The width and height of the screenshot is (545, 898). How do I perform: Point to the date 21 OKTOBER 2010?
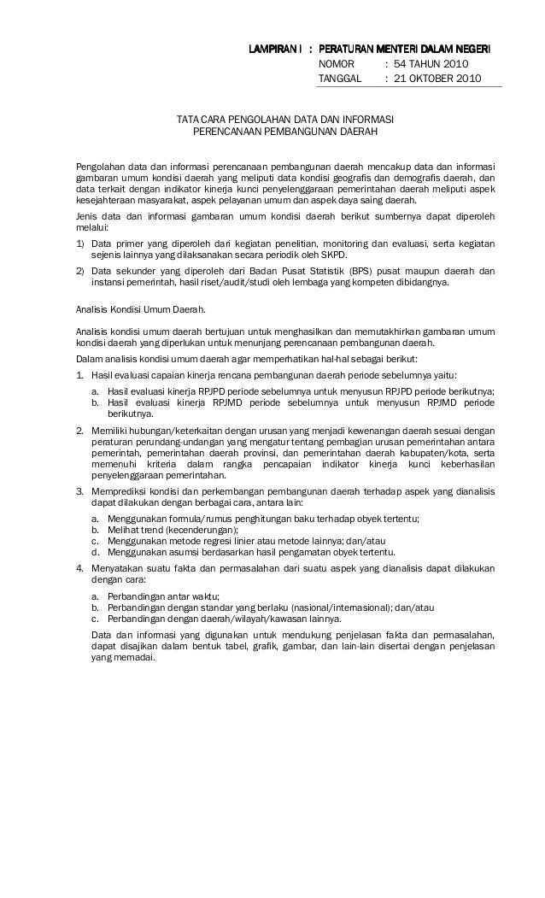pyautogui.click(x=437, y=79)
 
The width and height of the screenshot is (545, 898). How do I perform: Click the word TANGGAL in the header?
pyautogui.click(x=339, y=79)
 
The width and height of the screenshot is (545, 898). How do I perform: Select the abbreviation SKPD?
pyautogui.click(x=345, y=255)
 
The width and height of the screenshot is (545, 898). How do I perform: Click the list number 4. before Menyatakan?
pyautogui.click(x=79, y=568)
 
